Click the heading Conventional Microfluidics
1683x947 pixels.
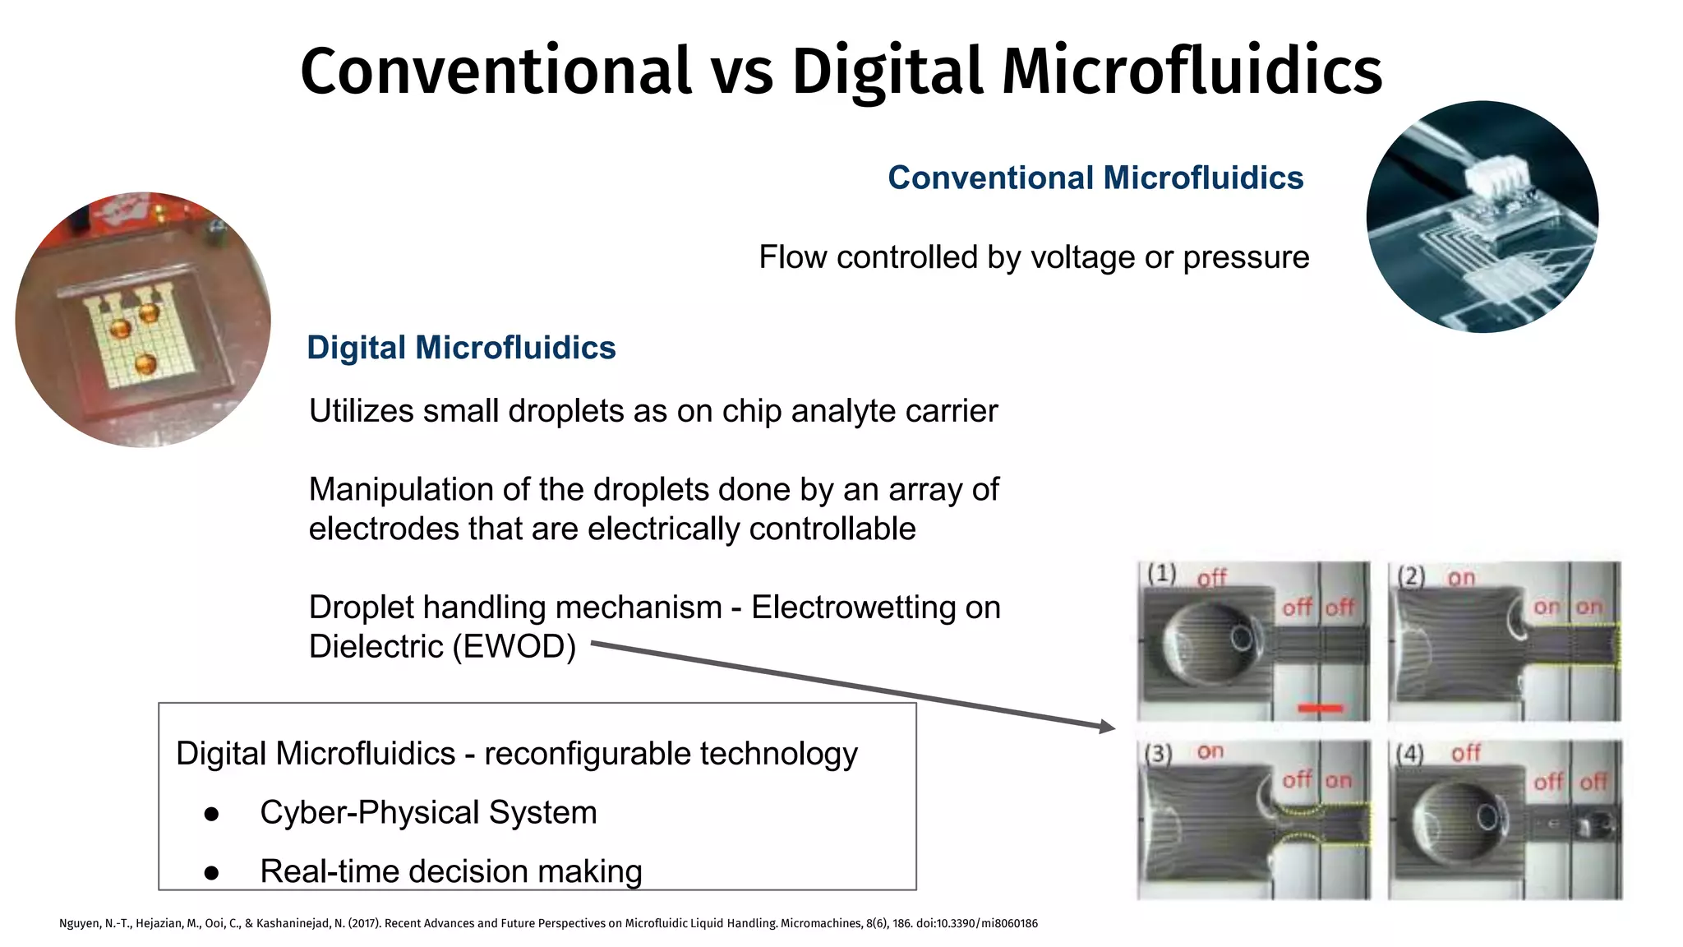click(x=1095, y=178)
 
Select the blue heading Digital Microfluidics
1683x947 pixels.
click(x=461, y=348)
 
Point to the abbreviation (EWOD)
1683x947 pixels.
click(x=514, y=647)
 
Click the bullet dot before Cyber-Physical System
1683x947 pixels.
click(x=211, y=814)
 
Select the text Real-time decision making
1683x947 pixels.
click(x=450, y=871)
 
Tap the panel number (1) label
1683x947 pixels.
click(x=1161, y=573)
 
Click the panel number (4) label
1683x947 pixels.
click(x=1410, y=753)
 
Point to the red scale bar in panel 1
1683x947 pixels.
click(x=1320, y=708)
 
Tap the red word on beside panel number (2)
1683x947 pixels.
click(x=1461, y=578)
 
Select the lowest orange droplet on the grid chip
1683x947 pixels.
click(x=145, y=363)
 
